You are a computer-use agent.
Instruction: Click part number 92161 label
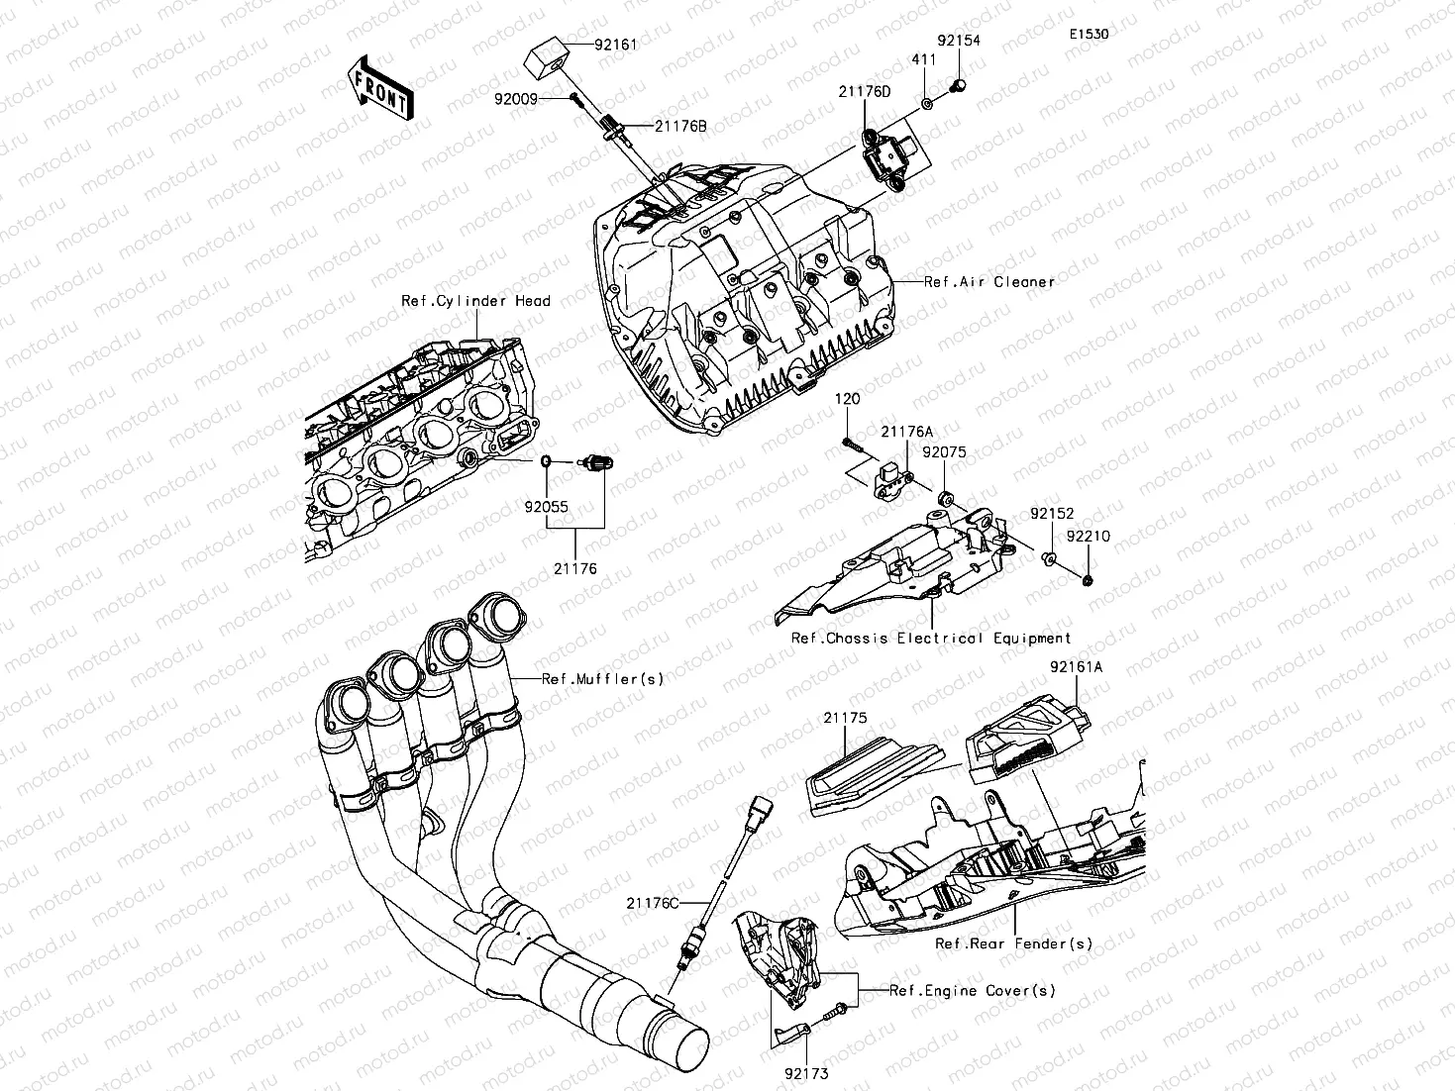pos(615,45)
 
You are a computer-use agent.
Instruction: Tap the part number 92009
pos(516,98)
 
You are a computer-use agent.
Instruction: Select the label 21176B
pos(679,126)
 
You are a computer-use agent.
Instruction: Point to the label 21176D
pos(865,91)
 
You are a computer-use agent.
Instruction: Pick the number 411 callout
pos(923,60)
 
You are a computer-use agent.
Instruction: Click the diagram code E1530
pos(1088,34)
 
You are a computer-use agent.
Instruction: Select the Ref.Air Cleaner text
pos(988,281)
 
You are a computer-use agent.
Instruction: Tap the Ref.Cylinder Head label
pos(475,301)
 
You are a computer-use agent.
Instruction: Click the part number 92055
pos(546,506)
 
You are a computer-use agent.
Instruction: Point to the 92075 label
pos(944,452)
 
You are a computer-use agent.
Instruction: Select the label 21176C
pos(653,903)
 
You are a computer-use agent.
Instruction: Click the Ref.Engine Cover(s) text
pos(972,990)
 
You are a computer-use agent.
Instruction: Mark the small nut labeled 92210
pos(1088,578)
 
